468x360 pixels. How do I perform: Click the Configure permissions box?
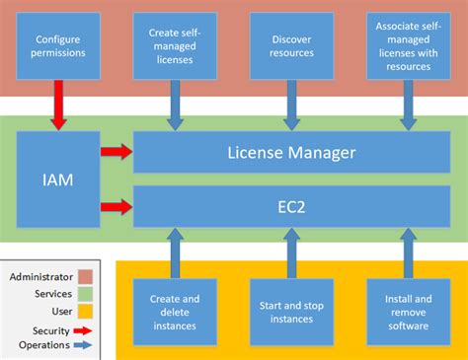tap(57, 45)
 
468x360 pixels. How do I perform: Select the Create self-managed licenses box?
tap(174, 45)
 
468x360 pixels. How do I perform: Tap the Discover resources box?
tap(290, 45)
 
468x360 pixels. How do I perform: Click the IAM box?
tap(57, 180)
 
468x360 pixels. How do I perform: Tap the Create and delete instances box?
tap(174, 311)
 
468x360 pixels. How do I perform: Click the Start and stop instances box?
tap(290, 311)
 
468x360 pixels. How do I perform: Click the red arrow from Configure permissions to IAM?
tap(57, 104)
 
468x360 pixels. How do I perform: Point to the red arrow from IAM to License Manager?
tap(116, 153)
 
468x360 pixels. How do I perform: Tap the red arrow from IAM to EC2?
tap(116, 206)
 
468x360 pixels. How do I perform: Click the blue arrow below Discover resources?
tap(290, 104)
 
